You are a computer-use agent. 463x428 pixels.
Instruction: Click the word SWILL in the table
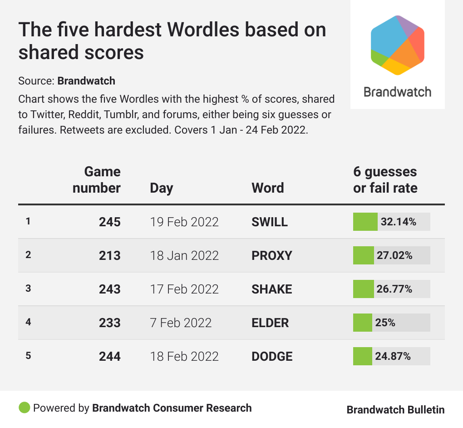270,222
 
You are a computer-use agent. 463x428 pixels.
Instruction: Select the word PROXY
272,255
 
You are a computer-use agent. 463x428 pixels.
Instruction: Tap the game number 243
110,289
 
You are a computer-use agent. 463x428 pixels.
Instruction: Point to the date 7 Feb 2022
181,323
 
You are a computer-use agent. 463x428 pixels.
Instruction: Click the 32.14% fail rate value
399,222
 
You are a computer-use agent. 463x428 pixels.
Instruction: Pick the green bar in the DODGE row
362,356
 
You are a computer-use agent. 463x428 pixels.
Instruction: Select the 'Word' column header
268,188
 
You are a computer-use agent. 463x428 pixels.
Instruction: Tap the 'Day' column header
162,188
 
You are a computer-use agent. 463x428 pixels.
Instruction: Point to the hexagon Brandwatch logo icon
398,45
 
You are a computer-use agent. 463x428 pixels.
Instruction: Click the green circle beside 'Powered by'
24,408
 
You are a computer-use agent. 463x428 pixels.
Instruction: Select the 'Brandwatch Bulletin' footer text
395,409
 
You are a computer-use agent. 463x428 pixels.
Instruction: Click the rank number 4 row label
28,322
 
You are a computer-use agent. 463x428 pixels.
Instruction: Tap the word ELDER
270,323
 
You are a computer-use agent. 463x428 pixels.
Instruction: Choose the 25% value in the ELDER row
385,323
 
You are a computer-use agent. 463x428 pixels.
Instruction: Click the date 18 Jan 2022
184,255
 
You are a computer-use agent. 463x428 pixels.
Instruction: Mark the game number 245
110,222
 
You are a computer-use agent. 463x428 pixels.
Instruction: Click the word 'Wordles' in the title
202,30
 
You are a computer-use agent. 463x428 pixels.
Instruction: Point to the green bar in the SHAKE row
363,289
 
